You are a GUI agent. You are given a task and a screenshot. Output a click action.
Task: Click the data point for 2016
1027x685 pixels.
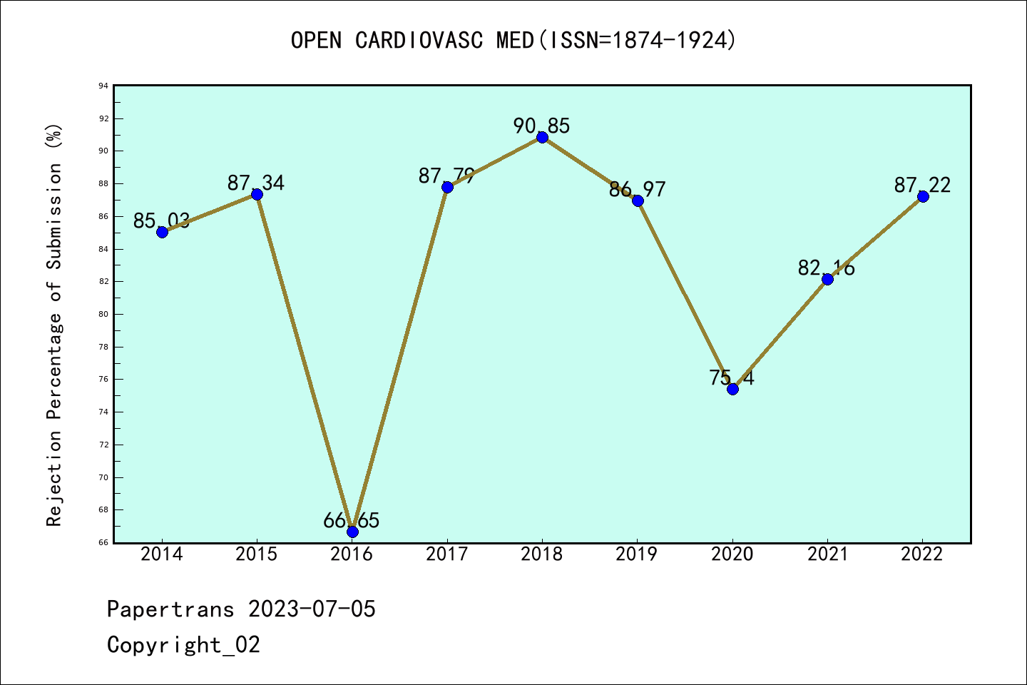pos(352,532)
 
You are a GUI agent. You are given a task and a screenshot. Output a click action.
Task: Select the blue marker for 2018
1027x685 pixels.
pos(542,137)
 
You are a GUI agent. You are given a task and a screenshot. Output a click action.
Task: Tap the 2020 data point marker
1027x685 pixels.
pos(732,389)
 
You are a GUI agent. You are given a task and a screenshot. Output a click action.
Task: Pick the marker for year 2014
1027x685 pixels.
pos(162,232)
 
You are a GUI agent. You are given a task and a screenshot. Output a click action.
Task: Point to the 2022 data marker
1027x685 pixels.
pos(923,196)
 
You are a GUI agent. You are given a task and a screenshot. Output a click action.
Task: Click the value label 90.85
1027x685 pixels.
pos(541,126)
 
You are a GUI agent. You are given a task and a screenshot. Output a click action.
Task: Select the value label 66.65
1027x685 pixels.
pos(351,521)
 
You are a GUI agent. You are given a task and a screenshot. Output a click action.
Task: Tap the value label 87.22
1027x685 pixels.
pos(922,186)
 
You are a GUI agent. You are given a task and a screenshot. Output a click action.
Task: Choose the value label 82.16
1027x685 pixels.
pos(826,268)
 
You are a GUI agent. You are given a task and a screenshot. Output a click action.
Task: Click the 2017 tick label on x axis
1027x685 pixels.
pos(447,554)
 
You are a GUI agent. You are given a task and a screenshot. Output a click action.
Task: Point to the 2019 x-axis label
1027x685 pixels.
pos(637,554)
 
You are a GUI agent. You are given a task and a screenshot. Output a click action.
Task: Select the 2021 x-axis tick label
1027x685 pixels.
pos(827,554)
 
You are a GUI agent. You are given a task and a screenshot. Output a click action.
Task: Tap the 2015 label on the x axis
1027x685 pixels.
pos(257,554)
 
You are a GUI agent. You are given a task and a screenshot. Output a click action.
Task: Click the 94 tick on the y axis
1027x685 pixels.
pos(104,86)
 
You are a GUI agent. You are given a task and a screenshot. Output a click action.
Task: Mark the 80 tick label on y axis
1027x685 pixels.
pos(104,314)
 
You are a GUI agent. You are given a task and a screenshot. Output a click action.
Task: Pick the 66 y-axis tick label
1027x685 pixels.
pos(104,542)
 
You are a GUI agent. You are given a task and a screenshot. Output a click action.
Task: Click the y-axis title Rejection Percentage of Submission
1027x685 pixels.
pos(54,325)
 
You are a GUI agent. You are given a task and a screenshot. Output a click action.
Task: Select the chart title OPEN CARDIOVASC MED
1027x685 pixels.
pos(513,41)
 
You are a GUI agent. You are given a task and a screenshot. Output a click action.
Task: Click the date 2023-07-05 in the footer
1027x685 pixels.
pos(312,609)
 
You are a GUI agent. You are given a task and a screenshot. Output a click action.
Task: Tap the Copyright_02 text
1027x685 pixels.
pos(183,645)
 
